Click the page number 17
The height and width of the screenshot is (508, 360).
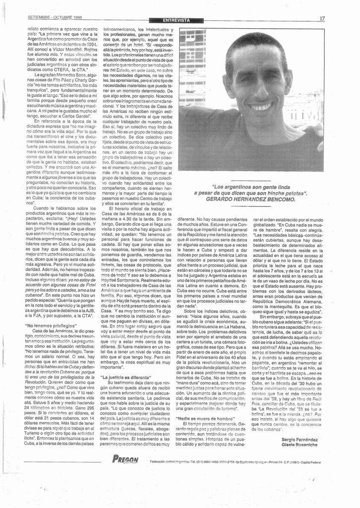(322, 18)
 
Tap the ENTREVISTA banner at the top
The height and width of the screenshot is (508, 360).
(176, 20)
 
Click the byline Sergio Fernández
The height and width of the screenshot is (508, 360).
(299, 440)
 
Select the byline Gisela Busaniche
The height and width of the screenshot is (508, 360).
(299, 445)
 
